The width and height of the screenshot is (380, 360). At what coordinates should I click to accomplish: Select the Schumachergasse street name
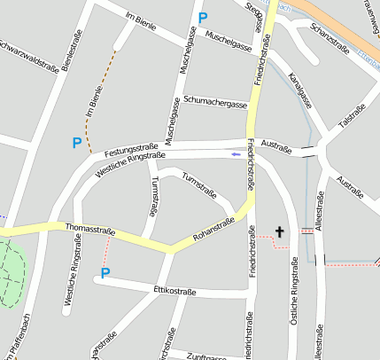click(215, 103)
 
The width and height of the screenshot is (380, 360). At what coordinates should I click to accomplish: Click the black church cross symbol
click(280, 232)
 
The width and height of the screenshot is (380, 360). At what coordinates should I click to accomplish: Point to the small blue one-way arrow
click(235, 154)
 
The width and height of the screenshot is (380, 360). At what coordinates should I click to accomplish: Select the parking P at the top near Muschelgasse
click(203, 17)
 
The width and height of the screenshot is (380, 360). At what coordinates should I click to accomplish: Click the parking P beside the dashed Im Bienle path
click(77, 142)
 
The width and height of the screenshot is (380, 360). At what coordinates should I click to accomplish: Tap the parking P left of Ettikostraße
click(105, 273)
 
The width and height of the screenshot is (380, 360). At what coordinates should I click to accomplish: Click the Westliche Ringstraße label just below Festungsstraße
click(128, 163)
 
